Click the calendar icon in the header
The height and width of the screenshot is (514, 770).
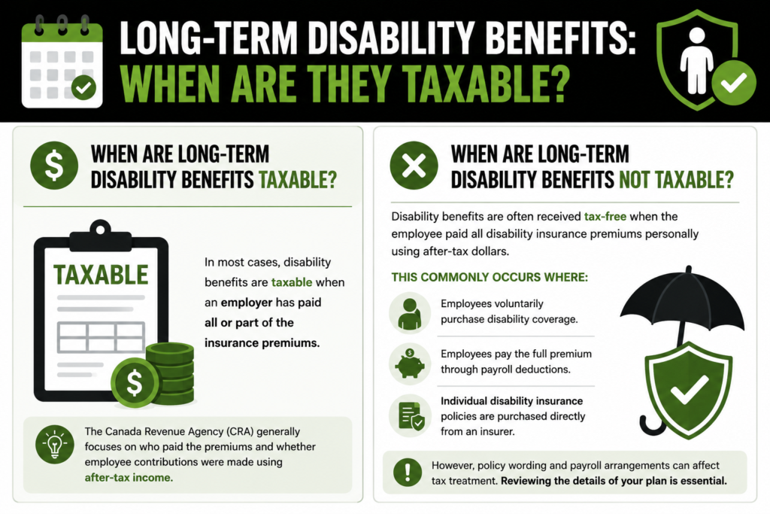coord(62,62)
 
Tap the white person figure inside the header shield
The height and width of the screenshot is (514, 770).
coord(697,60)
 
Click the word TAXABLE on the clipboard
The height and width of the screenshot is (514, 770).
coord(101,275)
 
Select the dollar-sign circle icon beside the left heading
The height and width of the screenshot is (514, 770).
coord(54,166)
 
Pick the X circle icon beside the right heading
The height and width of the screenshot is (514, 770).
coord(414,166)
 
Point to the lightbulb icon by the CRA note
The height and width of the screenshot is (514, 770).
coord(54,444)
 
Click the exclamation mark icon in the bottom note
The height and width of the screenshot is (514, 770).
coord(407,472)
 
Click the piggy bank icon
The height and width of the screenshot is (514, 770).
coord(410,364)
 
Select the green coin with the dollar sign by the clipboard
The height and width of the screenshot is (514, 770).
coord(135,382)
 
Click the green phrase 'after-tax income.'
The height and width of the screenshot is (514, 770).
coord(129,477)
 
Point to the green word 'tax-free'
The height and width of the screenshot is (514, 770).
coord(605,216)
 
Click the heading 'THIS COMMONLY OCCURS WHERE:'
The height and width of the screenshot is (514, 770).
coord(490,277)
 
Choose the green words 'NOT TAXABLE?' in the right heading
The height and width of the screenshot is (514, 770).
coord(676,180)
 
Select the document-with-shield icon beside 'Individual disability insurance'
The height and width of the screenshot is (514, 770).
coord(411,416)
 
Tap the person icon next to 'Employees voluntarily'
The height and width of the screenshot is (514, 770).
coord(410,314)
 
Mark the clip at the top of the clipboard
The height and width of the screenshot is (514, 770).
coord(101,236)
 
